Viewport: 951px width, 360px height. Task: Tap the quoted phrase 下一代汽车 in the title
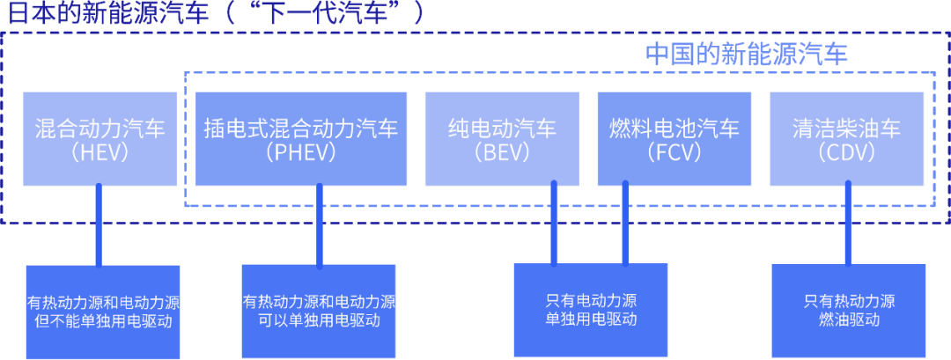tap(335, 12)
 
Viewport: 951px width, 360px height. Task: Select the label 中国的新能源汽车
tap(746, 54)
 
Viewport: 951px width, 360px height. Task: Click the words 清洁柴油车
tap(846, 129)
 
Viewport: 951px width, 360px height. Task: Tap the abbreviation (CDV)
tap(846, 152)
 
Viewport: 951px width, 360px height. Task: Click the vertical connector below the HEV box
tap(99, 224)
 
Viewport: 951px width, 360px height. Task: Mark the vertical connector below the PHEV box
tap(318, 224)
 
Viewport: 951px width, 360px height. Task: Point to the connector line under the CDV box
tap(848, 224)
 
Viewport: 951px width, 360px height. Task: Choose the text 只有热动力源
tap(849, 301)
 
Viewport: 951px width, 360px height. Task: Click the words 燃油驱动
tap(849, 320)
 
